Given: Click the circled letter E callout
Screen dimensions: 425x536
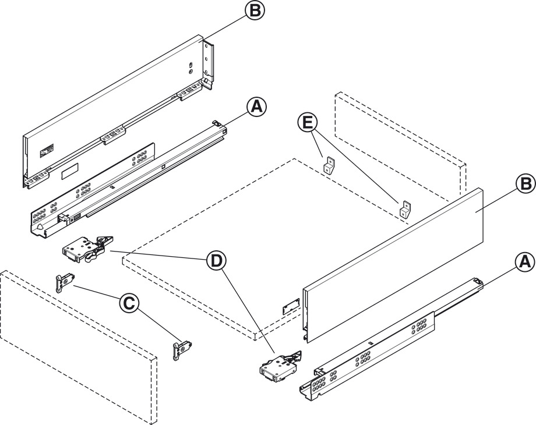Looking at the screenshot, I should [x=308, y=123].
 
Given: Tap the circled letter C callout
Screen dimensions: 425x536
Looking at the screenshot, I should [x=129, y=303].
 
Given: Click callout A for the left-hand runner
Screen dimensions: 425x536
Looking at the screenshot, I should [x=256, y=107].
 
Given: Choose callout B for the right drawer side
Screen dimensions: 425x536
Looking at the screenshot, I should [x=523, y=183].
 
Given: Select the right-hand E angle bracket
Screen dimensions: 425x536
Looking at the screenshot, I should [x=406, y=209].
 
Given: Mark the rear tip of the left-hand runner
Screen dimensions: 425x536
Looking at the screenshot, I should [x=218, y=123].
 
